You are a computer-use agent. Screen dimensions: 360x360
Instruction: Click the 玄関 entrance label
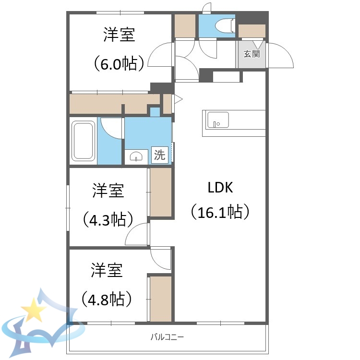click(251, 54)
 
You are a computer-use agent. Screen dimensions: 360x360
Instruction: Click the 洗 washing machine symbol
click(159, 155)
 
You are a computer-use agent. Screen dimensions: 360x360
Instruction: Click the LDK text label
click(220, 188)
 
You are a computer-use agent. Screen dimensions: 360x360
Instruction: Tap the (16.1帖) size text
click(220, 211)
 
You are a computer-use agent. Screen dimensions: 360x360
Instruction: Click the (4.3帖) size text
click(108, 219)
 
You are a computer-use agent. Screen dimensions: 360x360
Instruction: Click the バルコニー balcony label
click(167, 337)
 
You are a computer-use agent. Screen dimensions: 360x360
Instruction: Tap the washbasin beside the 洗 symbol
click(137, 156)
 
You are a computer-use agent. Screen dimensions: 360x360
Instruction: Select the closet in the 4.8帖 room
click(161, 298)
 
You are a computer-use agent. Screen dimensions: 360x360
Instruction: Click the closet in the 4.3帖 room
click(161, 192)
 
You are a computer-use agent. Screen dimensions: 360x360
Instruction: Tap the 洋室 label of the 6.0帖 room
click(119, 35)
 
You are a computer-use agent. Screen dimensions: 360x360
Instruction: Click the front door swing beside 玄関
click(281, 55)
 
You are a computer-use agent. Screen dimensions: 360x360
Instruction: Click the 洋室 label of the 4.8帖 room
click(107, 270)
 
